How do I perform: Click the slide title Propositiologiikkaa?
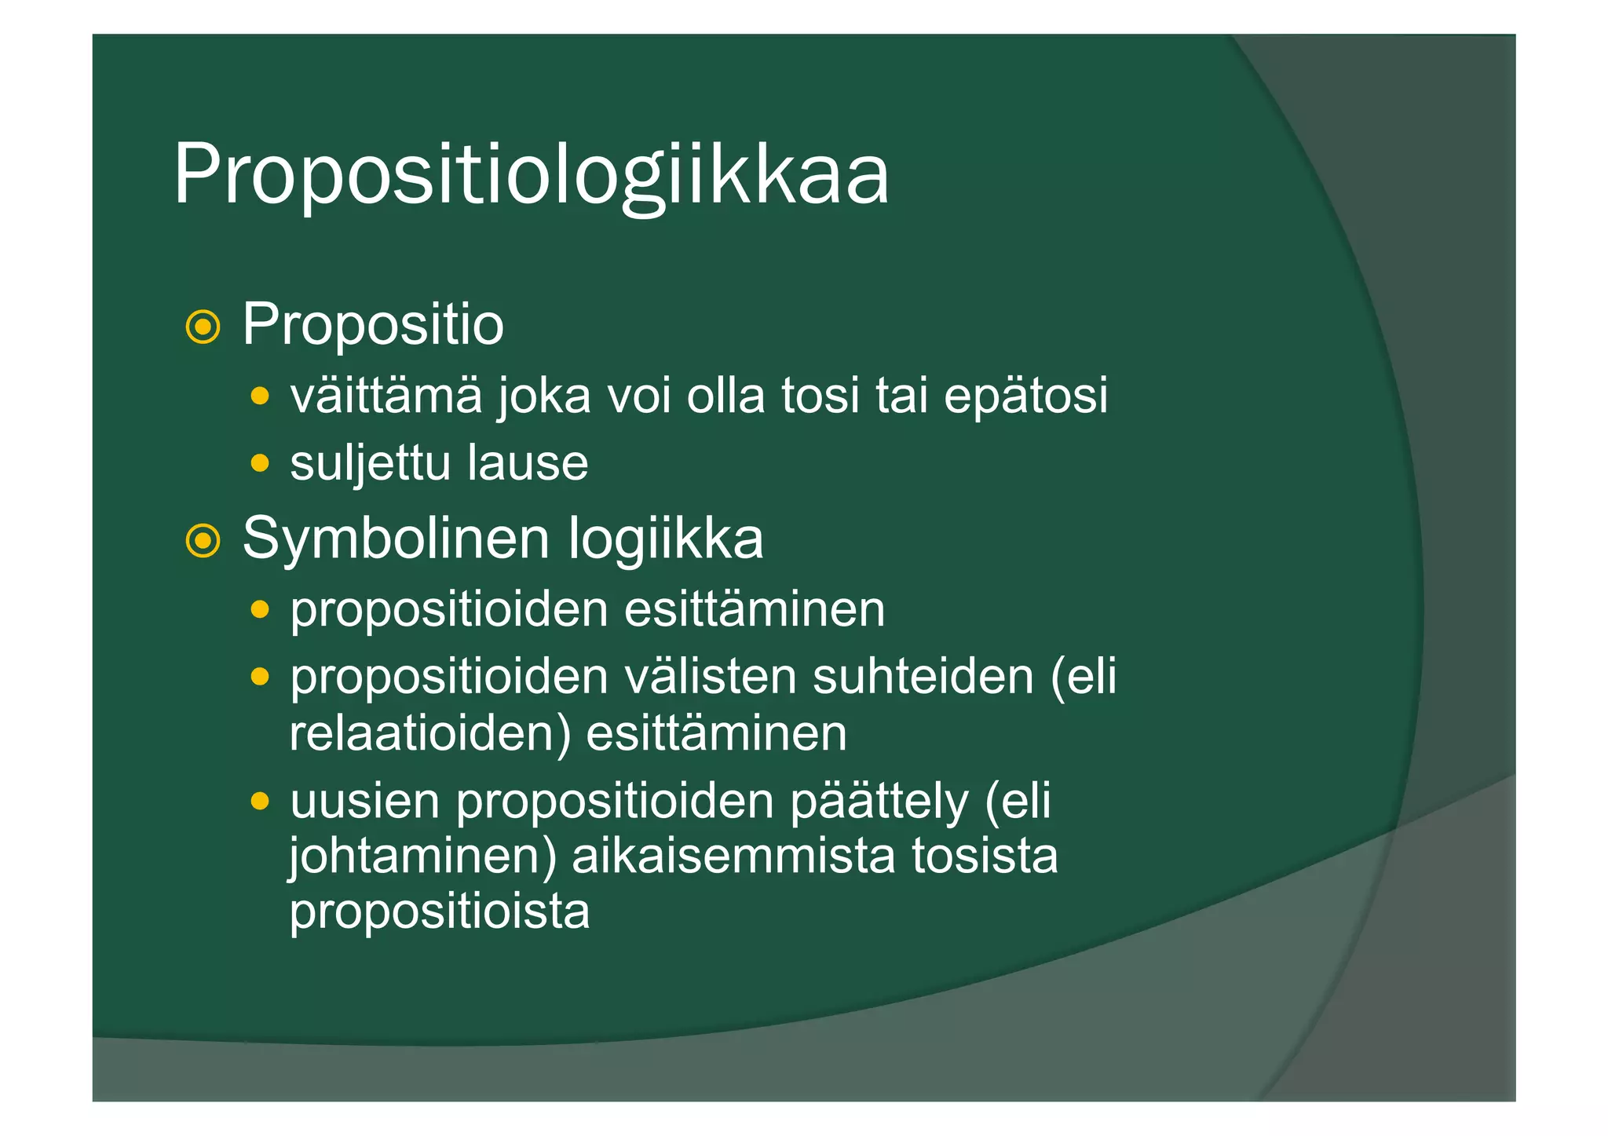point(531,174)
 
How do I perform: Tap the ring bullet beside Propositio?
point(203,327)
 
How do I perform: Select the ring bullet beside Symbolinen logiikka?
point(203,540)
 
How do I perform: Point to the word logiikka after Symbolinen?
point(665,539)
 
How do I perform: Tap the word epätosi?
point(1025,396)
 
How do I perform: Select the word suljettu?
point(370,463)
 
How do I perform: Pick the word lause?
point(528,463)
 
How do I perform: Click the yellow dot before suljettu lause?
point(260,463)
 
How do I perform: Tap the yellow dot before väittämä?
point(260,395)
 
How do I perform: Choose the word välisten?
point(710,677)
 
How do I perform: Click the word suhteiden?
point(923,677)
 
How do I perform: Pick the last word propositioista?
point(440,911)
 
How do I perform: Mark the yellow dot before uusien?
point(260,802)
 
